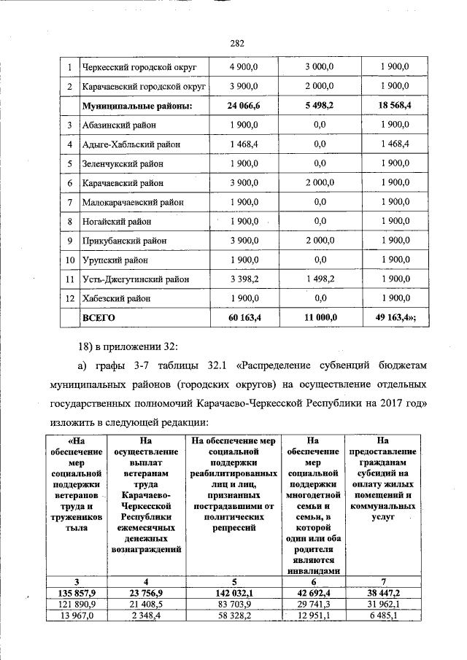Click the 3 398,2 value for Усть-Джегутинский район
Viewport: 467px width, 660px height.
(244, 279)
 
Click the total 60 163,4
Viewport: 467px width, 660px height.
(244, 319)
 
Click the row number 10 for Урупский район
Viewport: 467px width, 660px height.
(69, 260)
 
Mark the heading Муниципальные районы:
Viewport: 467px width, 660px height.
(136, 106)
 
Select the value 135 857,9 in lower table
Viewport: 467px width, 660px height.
(77, 593)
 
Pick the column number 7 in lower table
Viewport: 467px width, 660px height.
(382, 581)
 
